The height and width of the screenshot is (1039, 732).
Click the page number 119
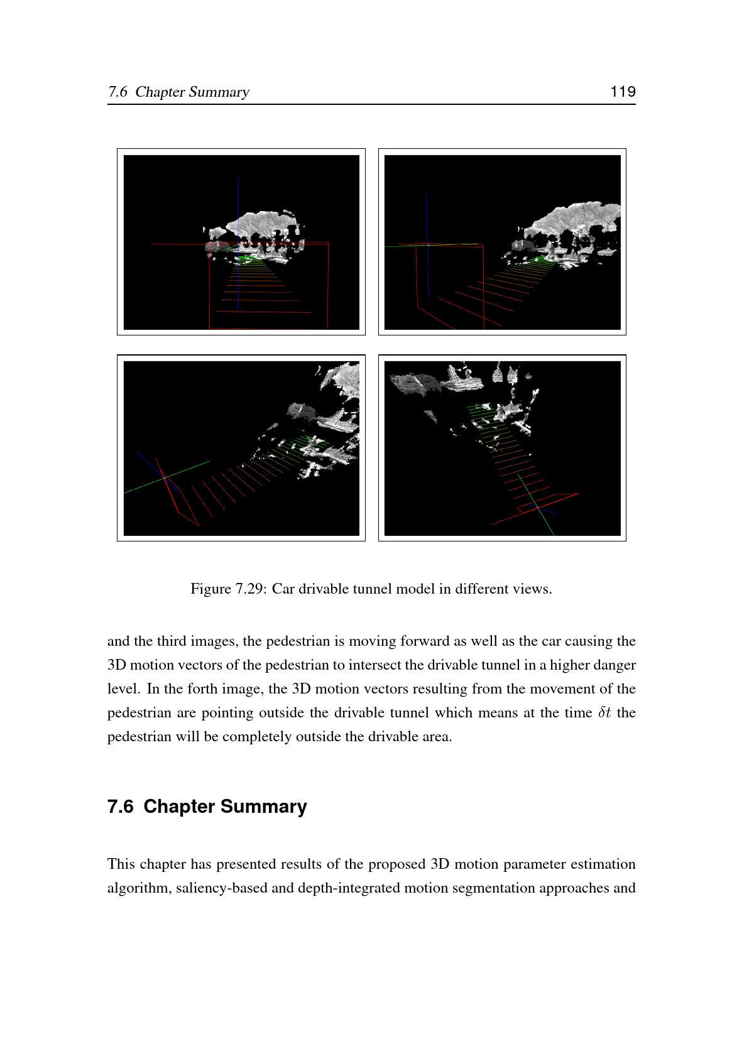[623, 91]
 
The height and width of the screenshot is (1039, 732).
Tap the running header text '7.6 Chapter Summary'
[178, 92]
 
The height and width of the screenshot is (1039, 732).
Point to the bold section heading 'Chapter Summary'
[225, 806]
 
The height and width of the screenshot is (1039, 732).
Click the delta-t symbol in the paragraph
[604, 712]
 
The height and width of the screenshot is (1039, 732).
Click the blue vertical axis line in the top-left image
[238, 244]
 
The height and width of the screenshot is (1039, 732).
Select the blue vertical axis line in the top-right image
[427, 244]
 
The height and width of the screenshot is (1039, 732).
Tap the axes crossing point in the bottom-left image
[165, 477]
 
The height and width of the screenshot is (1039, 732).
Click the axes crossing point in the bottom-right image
[537, 508]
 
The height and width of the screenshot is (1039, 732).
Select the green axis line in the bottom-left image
[167, 477]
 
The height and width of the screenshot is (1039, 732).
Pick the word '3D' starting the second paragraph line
[116, 665]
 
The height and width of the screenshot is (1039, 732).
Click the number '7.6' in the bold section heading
[121, 806]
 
